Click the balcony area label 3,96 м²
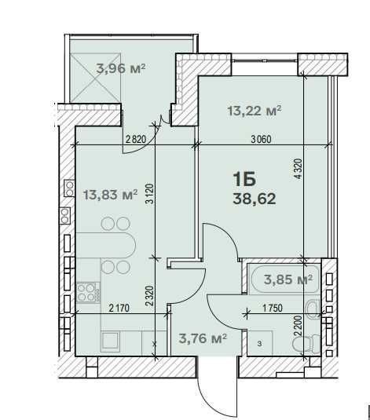[121, 68]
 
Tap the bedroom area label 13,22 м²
[255, 111]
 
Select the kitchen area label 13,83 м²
[111, 194]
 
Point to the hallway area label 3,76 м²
[203, 338]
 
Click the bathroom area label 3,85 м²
[288, 279]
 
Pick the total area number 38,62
[255, 199]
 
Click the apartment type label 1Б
[244, 179]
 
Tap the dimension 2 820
[136, 139]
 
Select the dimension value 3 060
[261, 139]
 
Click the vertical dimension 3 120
[150, 194]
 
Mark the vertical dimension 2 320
[150, 296]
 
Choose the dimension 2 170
[119, 308]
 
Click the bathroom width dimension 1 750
[273, 308]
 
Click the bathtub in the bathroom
[284, 279]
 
